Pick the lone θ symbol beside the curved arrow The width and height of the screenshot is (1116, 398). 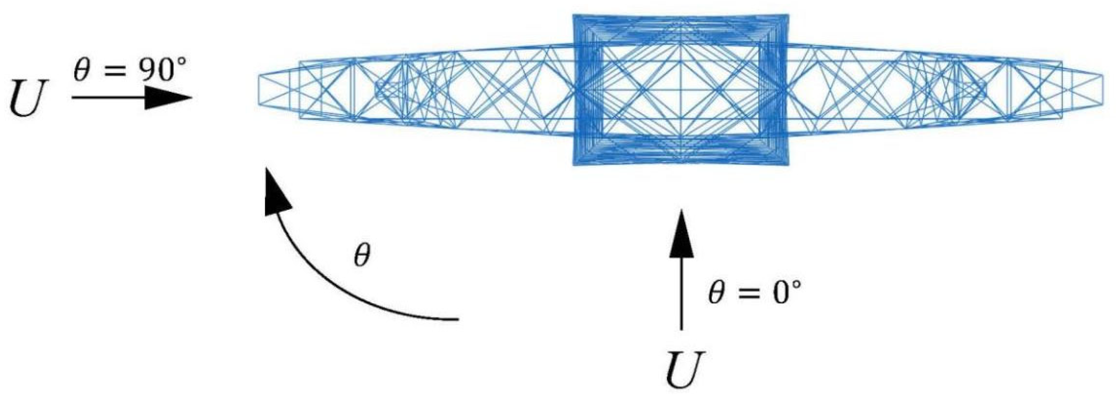362,257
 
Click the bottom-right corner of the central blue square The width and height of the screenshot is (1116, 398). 788,164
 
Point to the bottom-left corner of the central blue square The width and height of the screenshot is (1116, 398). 574,164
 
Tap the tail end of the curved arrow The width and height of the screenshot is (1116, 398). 457,319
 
